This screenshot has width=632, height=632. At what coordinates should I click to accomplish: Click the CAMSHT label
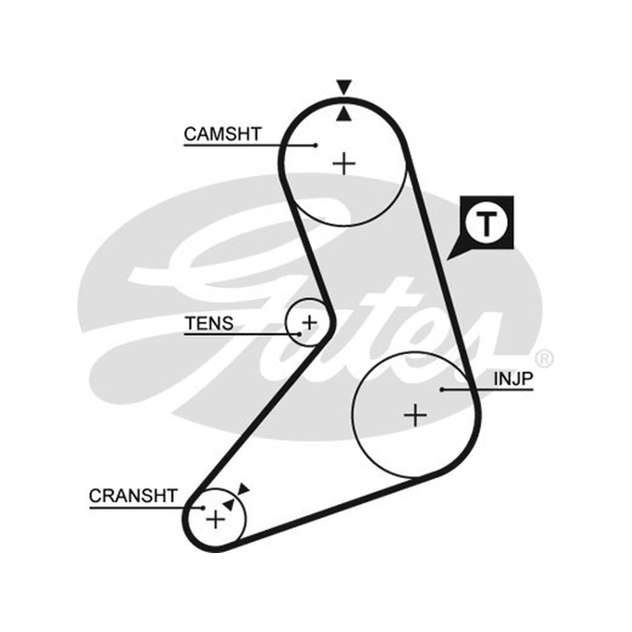click(x=223, y=134)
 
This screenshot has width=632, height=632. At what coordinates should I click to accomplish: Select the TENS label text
click(x=209, y=323)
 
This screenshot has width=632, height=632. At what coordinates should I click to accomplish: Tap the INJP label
click(x=513, y=378)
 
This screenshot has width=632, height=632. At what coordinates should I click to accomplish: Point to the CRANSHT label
click(x=133, y=496)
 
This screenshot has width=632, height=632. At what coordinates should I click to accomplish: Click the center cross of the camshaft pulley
click(x=344, y=164)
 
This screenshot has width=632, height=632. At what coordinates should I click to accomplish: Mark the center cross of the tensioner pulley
click(x=310, y=322)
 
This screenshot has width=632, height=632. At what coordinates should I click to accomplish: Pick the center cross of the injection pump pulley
click(x=416, y=415)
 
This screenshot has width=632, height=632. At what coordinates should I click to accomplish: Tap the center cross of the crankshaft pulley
click(x=216, y=519)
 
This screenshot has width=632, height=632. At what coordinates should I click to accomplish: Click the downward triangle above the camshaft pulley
click(x=344, y=87)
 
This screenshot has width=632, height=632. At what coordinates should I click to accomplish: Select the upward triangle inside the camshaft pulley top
click(x=344, y=114)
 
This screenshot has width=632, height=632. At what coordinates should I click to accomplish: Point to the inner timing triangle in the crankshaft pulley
click(x=228, y=504)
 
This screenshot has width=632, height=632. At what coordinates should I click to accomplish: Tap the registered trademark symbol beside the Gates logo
click(x=544, y=358)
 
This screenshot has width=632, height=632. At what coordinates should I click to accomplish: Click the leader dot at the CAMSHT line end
click(x=316, y=145)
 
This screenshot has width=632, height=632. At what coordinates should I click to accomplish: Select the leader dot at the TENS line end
click(x=299, y=334)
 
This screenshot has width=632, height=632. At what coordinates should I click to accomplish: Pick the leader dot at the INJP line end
click(x=442, y=389)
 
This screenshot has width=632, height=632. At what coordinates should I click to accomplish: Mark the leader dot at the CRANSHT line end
click(x=203, y=508)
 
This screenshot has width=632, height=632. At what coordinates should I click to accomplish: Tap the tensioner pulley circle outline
click(x=285, y=322)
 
